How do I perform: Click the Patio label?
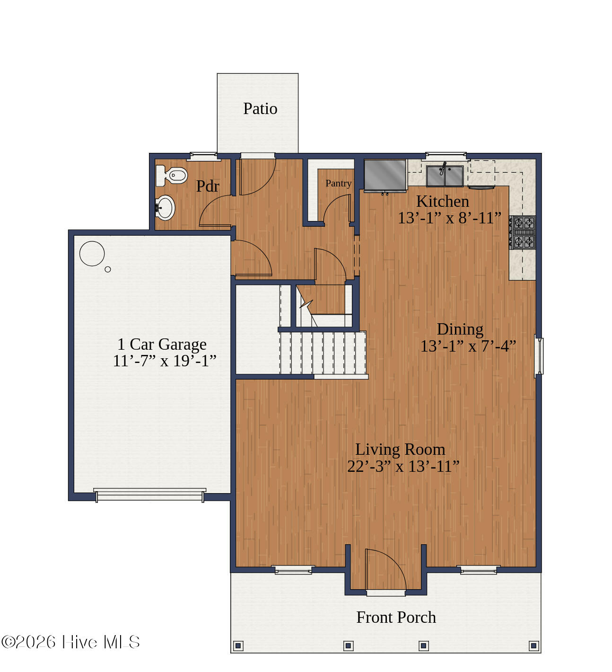click(260, 108)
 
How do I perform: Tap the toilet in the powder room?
click(171, 175)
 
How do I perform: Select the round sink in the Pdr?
click(165, 208)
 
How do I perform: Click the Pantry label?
click(339, 183)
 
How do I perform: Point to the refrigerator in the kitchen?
click(385, 176)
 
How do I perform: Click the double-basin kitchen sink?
click(445, 176)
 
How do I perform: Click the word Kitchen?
click(442, 201)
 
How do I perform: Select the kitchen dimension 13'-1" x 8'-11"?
click(449, 218)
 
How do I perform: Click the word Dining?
click(460, 330)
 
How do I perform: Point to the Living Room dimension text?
click(403, 466)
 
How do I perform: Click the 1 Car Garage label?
click(162, 344)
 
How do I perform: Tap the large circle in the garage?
click(92, 254)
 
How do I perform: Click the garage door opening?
click(149, 495)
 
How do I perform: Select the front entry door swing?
click(385, 569)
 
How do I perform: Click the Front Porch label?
click(396, 618)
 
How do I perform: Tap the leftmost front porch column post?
click(238, 645)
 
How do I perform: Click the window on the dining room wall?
click(539, 356)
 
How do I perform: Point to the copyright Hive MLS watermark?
click(70, 642)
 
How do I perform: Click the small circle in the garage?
click(108, 269)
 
